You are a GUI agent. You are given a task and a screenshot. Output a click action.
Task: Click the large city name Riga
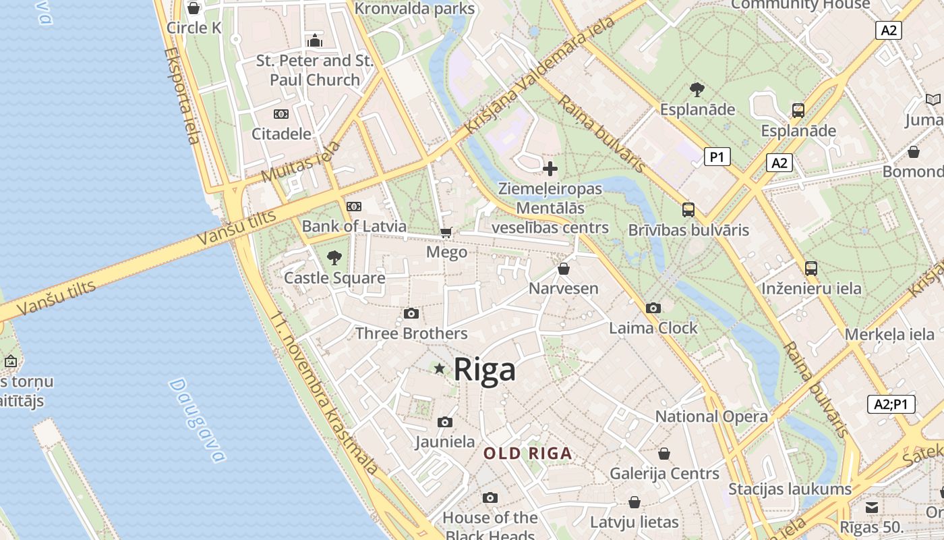[484, 369]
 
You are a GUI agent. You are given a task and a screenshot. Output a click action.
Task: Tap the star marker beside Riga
[440, 369]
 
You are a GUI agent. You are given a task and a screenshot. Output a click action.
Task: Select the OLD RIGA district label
[528, 454]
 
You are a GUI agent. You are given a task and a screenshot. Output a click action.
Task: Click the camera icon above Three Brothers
[411, 314]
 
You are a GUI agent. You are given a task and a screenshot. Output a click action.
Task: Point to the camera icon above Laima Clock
[653, 308]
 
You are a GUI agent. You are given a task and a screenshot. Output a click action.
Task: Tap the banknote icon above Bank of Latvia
[353, 207]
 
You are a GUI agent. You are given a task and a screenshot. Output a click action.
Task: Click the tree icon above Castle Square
[334, 257]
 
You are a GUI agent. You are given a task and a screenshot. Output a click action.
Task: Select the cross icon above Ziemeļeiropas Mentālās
[550, 169]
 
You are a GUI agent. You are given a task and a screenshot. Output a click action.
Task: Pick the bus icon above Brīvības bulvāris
[688, 210]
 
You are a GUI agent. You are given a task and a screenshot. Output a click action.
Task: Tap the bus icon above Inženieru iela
[811, 269]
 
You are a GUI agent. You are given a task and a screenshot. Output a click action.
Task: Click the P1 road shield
[717, 157]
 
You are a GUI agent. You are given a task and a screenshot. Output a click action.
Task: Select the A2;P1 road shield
[891, 404]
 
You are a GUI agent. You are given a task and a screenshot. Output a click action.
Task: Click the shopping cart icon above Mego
[446, 233]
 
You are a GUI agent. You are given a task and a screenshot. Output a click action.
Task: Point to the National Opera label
[711, 416]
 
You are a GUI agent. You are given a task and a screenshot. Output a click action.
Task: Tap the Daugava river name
[196, 420]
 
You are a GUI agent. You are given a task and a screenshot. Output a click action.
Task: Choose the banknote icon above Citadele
[281, 114]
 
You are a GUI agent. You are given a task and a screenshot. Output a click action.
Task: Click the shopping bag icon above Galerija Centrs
[664, 454]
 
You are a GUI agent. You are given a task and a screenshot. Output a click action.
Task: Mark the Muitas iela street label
[301, 162]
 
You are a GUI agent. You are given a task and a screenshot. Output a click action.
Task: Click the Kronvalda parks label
[415, 9]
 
